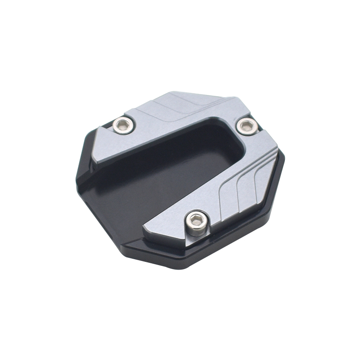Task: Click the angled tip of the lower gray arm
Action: pyautogui.click(x=145, y=232)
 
